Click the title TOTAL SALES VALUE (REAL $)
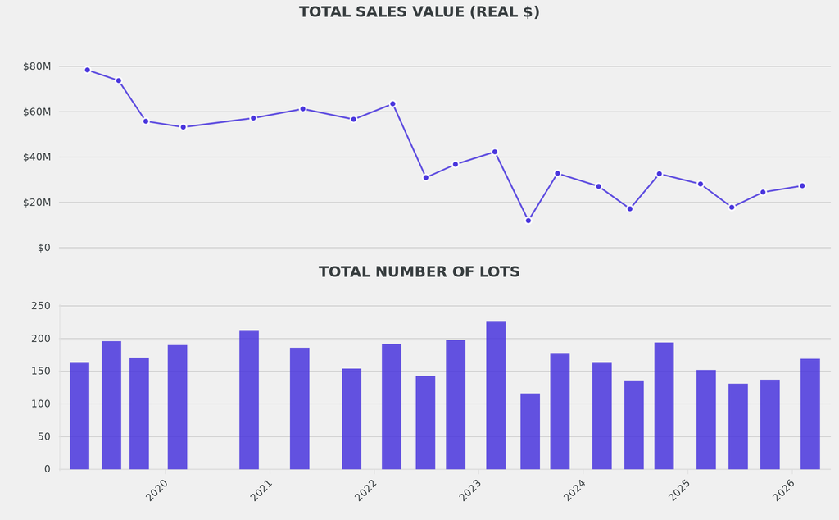click(x=419, y=12)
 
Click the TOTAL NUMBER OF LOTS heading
click(x=419, y=272)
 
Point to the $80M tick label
click(x=37, y=66)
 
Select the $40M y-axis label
click(x=37, y=157)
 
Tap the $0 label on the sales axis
click(x=43, y=248)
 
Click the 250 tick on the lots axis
click(x=41, y=306)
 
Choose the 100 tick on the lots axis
click(x=41, y=404)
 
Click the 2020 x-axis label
click(x=156, y=490)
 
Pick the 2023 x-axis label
click(x=470, y=490)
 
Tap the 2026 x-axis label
click(x=784, y=490)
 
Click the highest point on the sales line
click(x=87, y=70)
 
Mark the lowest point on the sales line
click(x=528, y=221)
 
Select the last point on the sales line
click(x=802, y=185)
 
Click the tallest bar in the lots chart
click(x=496, y=395)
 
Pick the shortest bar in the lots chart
click(x=530, y=431)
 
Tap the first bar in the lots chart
click(x=79, y=415)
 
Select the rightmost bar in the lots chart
click(x=810, y=413)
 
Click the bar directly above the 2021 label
click(x=249, y=399)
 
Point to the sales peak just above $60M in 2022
click(x=392, y=104)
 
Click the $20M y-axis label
click(x=37, y=203)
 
